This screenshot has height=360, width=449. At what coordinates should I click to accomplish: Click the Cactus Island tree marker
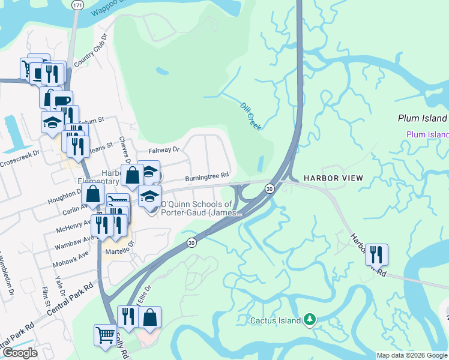pos(310,320)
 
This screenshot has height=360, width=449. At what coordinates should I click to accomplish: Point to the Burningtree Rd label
pos(207,176)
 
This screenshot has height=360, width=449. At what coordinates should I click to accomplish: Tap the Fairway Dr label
pos(164,149)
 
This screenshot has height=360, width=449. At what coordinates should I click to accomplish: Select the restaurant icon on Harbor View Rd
pos(376,254)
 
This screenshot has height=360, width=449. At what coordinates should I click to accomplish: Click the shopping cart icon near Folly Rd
pos(105,335)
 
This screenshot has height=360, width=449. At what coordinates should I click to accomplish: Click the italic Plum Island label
pos(422,118)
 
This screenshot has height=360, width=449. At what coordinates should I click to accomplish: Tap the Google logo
pos(20,353)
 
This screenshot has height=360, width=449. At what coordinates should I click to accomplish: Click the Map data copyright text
pos(412,355)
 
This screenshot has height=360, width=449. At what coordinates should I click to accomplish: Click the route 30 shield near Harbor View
pos(270,188)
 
